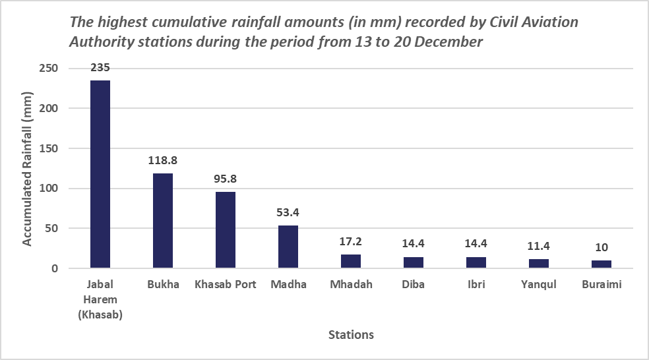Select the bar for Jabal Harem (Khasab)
(100, 175)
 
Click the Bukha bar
(163, 221)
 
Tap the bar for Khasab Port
(226, 230)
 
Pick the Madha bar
(288, 247)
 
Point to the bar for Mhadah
(351, 262)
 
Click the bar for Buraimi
(601, 264)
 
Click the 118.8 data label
(163, 160)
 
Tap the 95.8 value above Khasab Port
(226, 178)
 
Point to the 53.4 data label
(288, 212)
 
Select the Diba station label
(414, 285)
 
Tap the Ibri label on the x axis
(476, 285)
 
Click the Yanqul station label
(538, 285)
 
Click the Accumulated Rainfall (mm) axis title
(27, 168)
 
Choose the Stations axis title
(351, 335)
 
